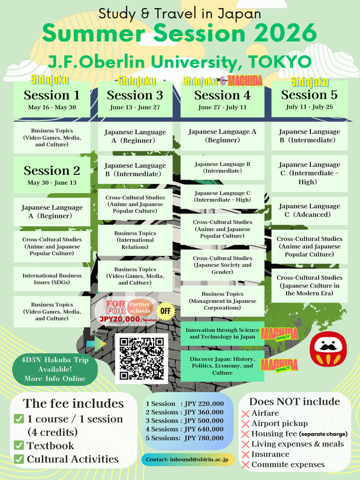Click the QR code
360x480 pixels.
point(142,359)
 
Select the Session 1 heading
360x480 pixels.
point(52,95)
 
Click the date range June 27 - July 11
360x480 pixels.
point(222,107)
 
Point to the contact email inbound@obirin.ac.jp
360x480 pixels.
point(187,459)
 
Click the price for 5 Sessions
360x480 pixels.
point(204,438)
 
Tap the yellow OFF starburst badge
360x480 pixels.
point(165,311)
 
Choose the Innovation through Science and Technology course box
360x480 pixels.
point(222,333)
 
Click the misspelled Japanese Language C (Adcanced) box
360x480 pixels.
point(309,210)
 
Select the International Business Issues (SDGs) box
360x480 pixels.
point(52,279)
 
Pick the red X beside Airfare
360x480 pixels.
point(245,414)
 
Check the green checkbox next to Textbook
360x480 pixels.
point(19,445)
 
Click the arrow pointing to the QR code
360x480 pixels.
point(96,344)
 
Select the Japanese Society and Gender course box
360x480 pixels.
point(222,265)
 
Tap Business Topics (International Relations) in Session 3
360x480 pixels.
point(135,240)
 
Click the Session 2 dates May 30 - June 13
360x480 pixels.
point(52,183)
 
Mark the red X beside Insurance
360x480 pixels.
point(245,455)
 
